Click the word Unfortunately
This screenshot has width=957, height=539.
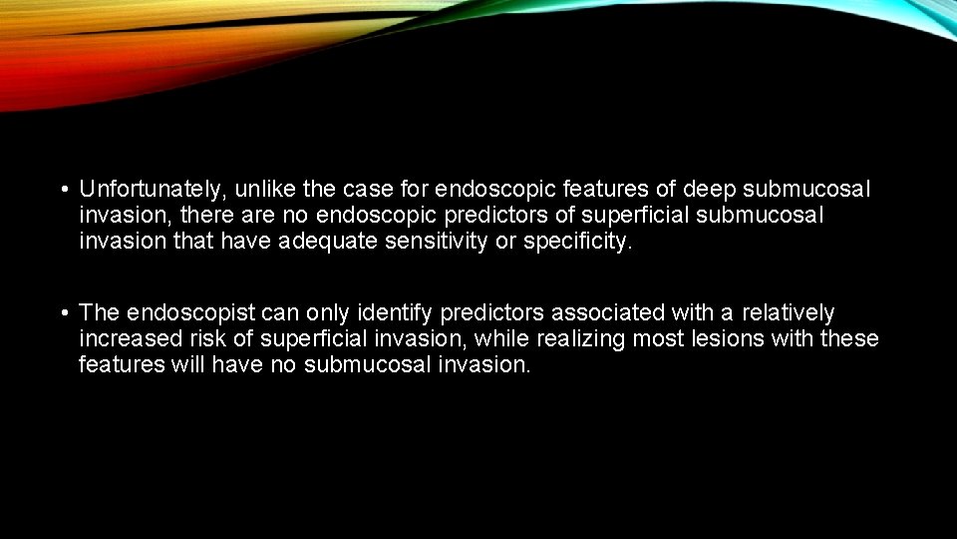[151, 189]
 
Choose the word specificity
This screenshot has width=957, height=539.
[582, 241]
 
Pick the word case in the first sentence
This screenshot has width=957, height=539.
[368, 189]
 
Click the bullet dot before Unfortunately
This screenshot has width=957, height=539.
[63, 189]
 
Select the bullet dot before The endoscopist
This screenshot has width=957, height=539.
[63, 313]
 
